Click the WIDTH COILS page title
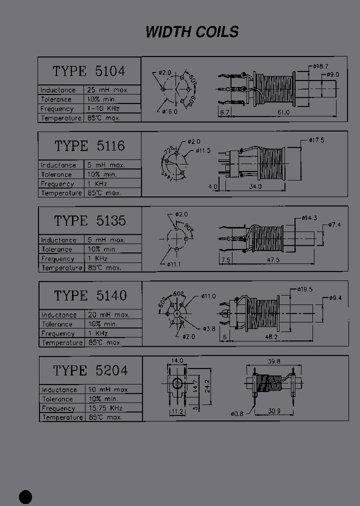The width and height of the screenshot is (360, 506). (x=192, y=32)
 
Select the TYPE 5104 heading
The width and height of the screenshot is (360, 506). (x=89, y=71)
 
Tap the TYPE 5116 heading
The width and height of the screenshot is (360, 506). (x=89, y=146)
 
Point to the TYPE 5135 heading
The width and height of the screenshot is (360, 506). (x=90, y=220)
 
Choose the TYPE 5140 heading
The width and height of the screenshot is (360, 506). (x=90, y=295)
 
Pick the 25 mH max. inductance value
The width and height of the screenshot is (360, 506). (x=108, y=90)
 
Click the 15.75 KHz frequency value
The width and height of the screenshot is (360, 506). (x=105, y=408)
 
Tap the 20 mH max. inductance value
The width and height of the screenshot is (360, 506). (x=108, y=315)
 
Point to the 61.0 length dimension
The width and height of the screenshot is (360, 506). (x=283, y=112)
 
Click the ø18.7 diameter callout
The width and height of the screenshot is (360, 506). (x=320, y=66)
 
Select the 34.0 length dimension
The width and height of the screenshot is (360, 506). (x=254, y=186)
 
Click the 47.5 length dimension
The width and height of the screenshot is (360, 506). (x=272, y=260)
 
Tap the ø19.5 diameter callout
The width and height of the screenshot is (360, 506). (x=305, y=289)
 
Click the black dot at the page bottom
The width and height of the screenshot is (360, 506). (x=25, y=496)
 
